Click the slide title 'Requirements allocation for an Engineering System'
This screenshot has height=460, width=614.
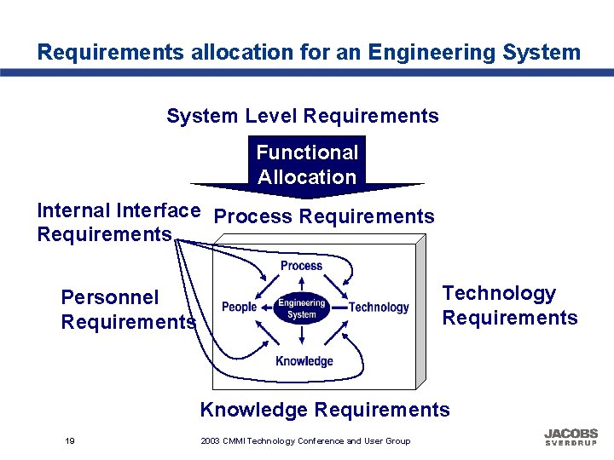tap(308, 52)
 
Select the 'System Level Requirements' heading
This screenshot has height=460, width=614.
tap(303, 116)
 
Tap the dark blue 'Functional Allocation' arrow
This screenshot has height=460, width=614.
tap(307, 165)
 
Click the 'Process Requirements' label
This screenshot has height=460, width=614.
tap(324, 217)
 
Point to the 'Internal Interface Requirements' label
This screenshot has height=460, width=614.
tap(119, 221)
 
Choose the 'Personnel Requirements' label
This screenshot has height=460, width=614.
tap(128, 309)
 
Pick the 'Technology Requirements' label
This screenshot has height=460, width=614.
tap(509, 305)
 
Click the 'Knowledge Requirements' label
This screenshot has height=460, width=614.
tap(324, 410)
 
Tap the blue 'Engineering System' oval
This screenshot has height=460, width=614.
tap(301, 308)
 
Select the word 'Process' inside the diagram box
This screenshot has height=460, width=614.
tap(301, 266)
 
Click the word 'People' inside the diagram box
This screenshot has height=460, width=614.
tap(240, 307)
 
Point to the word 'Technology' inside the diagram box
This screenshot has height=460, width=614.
tap(379, 307)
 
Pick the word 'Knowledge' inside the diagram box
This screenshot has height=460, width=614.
tap(304, 361)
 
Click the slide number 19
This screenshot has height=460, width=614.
tap(69, 440)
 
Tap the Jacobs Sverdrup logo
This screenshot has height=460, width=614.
tap(571, 437)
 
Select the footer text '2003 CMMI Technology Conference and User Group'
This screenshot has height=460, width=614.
tap(305, 440)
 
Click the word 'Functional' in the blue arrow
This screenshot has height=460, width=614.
tap(307, 152)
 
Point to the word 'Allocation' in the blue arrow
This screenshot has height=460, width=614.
tap(307, 177)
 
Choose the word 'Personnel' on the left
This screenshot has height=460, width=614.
tap(110, 297)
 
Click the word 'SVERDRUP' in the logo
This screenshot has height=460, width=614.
tap(571, 444)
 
